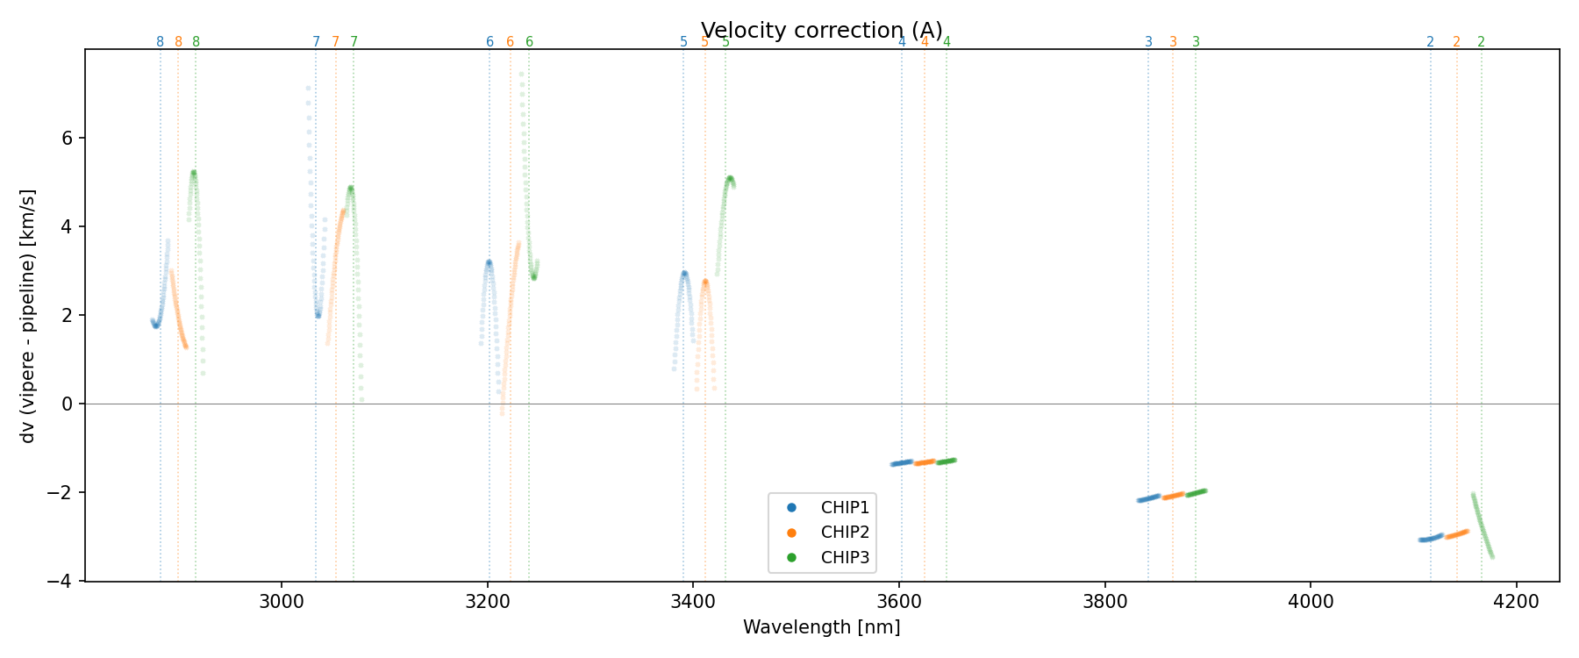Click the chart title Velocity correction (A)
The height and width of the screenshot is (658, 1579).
tap(821, 31)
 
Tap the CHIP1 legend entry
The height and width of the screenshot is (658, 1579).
tap(844, 507)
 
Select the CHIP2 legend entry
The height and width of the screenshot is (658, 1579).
tap(844, 532)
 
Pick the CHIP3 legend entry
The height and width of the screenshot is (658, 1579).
tap(844, 556)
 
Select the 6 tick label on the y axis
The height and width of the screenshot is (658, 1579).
tap(68, 139)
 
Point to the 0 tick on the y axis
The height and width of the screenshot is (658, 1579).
tap(68, 404)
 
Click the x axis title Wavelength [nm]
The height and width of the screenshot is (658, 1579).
tap(821, 627)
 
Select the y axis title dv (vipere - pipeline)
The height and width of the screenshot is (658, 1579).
tap(28, 315)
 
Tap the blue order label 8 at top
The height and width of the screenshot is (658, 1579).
tap(160, 42)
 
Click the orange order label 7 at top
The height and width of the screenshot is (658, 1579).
tap(335, 42)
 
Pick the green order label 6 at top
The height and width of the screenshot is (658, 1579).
tap(529, 42)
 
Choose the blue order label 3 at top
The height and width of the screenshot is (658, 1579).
tap(1148, 42)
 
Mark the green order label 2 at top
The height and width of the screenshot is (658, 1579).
tap(1481, 42)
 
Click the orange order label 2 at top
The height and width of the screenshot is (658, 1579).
tap(1456, 42)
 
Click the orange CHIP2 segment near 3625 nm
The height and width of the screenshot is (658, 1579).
tap(925, 461)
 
